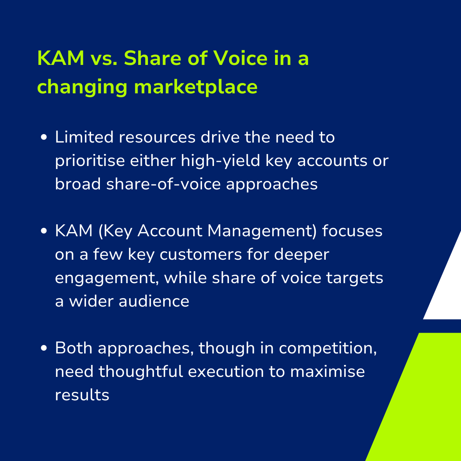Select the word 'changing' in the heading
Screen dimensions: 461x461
(x=82, y=87)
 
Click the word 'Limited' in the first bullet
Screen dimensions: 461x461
(x=84, y=137)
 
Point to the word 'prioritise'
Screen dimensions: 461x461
(x=90, y=161)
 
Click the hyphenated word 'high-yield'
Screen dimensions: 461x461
(x=221, y=161)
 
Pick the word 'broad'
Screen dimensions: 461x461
(x=78, y=184)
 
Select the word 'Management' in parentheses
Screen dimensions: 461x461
(x=260, y=231)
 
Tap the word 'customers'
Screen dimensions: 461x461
(x=201, y=255)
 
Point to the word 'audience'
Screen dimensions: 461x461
(x=154, y=301)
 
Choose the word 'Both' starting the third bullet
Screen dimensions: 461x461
(x=74, y=348)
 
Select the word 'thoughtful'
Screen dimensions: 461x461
(x=141, y=371)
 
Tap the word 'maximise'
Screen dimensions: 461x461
(x=328, y=371)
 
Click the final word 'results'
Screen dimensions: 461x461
(x=82, y=395)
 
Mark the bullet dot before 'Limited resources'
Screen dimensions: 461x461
(x=44, y=137)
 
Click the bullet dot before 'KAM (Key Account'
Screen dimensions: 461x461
(x=44, y=231)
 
